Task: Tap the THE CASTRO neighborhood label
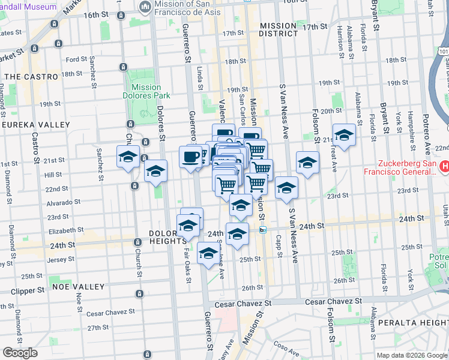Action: (31, 77)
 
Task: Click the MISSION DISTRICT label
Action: (279, 29)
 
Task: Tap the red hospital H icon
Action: (445, 166)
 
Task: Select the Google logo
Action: (20, 353)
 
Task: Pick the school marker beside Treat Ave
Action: (344, 136)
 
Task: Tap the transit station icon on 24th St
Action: (262, 229)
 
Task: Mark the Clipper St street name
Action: (28, 290)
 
